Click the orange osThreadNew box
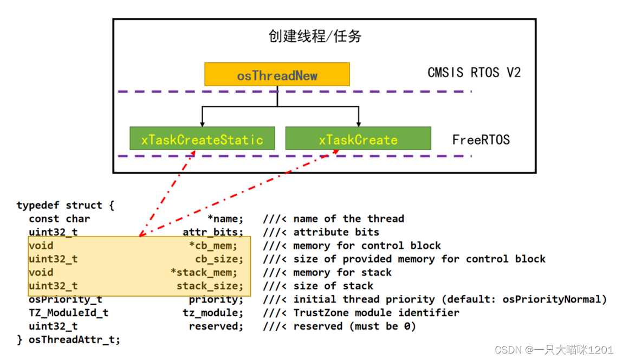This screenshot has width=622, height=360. [x=277, y=75]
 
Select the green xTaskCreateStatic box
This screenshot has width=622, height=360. [x=202, y=139]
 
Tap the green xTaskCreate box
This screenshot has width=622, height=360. [x=358, y=139]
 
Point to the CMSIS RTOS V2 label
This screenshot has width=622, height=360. [x=474, y=73]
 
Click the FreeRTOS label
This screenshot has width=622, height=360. [x=481, y=140]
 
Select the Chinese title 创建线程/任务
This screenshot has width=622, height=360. [x=315, y=36]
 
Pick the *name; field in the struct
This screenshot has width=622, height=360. [x=225, y=219]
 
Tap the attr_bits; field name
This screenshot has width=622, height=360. [x=213, y=232]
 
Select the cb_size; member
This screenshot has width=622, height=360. [x=219, y=259]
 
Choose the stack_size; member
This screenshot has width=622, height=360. [x=210, y=286]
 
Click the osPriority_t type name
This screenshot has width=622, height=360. [x=66, y=299]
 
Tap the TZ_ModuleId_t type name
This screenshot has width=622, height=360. [x=69, y=313]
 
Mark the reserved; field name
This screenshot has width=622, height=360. [x=216, y=326]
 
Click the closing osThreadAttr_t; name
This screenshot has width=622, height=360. [x=75, y=340]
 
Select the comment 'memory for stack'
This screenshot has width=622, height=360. [x=342, y=273]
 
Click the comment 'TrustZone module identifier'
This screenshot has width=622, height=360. [x=376, y=313]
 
